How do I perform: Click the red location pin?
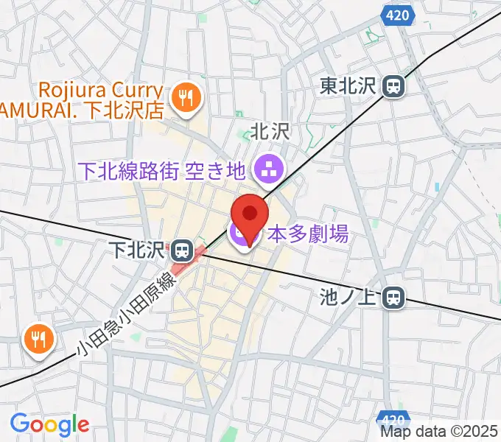(249, 215)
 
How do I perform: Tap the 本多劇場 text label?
(308, 236)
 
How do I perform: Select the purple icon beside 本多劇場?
(240, 236)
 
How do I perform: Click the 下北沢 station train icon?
(180, 251)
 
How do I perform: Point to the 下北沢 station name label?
(138, 250)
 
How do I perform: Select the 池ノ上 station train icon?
(394, 298)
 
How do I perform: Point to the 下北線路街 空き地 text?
(161, 172)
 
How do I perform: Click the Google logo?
(49, 424)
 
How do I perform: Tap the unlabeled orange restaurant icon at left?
(37, 338)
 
